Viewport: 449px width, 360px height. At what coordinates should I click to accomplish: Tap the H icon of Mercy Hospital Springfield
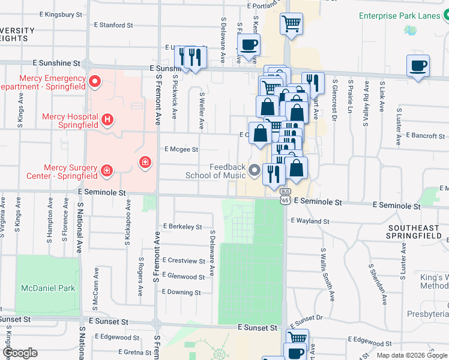(x=107, y=120)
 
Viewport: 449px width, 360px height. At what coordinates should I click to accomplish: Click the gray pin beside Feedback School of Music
(x=255, y=171)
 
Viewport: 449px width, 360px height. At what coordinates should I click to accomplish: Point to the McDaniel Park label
(x=47, y=288)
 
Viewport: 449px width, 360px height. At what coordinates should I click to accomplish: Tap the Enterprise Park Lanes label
(x=400, y=16)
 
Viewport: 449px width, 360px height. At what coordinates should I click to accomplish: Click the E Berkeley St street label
(x=182, y=227)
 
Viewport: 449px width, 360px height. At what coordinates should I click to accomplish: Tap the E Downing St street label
(x=181, y=292)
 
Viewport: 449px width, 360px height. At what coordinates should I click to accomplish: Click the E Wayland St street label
(x=310, y=221)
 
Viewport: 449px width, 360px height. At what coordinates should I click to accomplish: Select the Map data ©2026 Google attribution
(x=411, y=355)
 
